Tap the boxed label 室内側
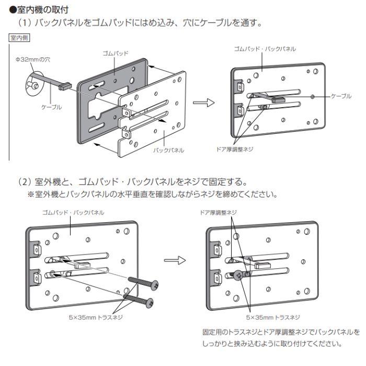pos(19,38)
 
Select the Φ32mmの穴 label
pos(31,60)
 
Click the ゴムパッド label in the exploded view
pos(116,53)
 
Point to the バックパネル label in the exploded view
pos(168,150)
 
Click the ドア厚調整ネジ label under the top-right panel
pos(234,148)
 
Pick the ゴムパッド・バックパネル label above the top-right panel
pos(265,49)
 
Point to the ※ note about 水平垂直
pos(152,195)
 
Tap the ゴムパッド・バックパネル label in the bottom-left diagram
pos(73,213)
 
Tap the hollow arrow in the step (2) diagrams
pos(174,259)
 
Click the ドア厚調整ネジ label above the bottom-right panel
pos(219,213)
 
